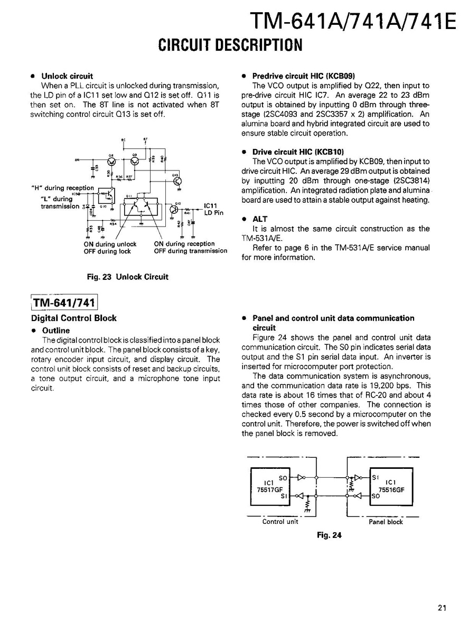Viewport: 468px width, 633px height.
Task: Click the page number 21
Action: [442, 608]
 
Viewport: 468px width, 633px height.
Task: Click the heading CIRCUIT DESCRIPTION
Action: [230, 45]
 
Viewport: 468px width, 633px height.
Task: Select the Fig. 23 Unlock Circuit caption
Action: [127, 277]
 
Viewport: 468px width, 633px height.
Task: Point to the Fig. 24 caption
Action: [329, 535]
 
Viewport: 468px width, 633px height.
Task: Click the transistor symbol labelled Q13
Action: [177, 181]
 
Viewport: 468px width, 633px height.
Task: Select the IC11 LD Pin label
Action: [213, 209]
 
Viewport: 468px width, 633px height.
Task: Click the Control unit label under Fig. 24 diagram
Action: [280, 522]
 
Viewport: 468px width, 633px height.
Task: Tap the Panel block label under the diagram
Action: [386, 522]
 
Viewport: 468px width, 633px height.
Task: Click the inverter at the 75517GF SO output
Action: [301, 478]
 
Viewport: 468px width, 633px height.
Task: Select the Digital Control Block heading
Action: [74, 318]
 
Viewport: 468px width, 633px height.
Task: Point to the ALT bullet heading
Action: [260, 219]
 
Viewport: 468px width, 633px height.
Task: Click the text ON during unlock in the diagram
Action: [110, 244]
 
